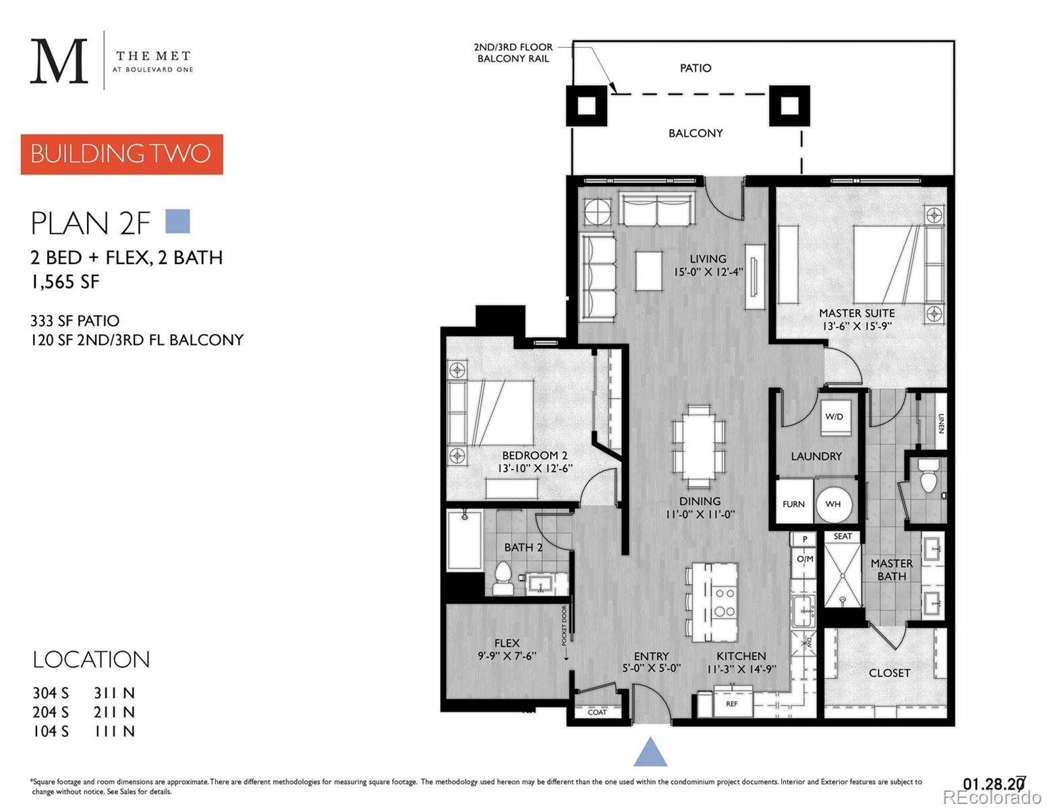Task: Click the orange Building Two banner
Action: pyautogui.click(x=121, y=154)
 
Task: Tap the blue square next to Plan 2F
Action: pyautogui.click(x=177, y=221)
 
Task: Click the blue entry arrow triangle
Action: pyautogui.click(x=650, y=752)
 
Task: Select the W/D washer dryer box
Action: pyautogui.click(x=834, y=417)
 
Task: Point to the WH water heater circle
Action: pyautogui.click(x=833, y=504)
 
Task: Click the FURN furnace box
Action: pyautogui.click(x=793, y=504)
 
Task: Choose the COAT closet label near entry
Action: pyautogui.click(x=597, y=712)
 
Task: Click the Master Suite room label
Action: pyautogui.click(x=857, y=313)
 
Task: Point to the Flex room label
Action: pyautogui.click(x=507, y=643)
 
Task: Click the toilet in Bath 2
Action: pyautogui.click(x=503, y=578)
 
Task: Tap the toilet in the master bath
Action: pyautogui.click(x=929, y=476)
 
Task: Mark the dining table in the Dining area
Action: pyautogui.click(x=699, y=442)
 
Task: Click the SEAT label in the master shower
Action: pyautogui.click(x=843, y=537)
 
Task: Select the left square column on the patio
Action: pyautogui.click(x=586, y=106)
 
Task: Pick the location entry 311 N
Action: pyautogui.click(x=114, y=693)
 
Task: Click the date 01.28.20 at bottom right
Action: pyautogui.click(x=993, y=784)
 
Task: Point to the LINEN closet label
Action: pyautogui.click(x=941, y=423)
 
